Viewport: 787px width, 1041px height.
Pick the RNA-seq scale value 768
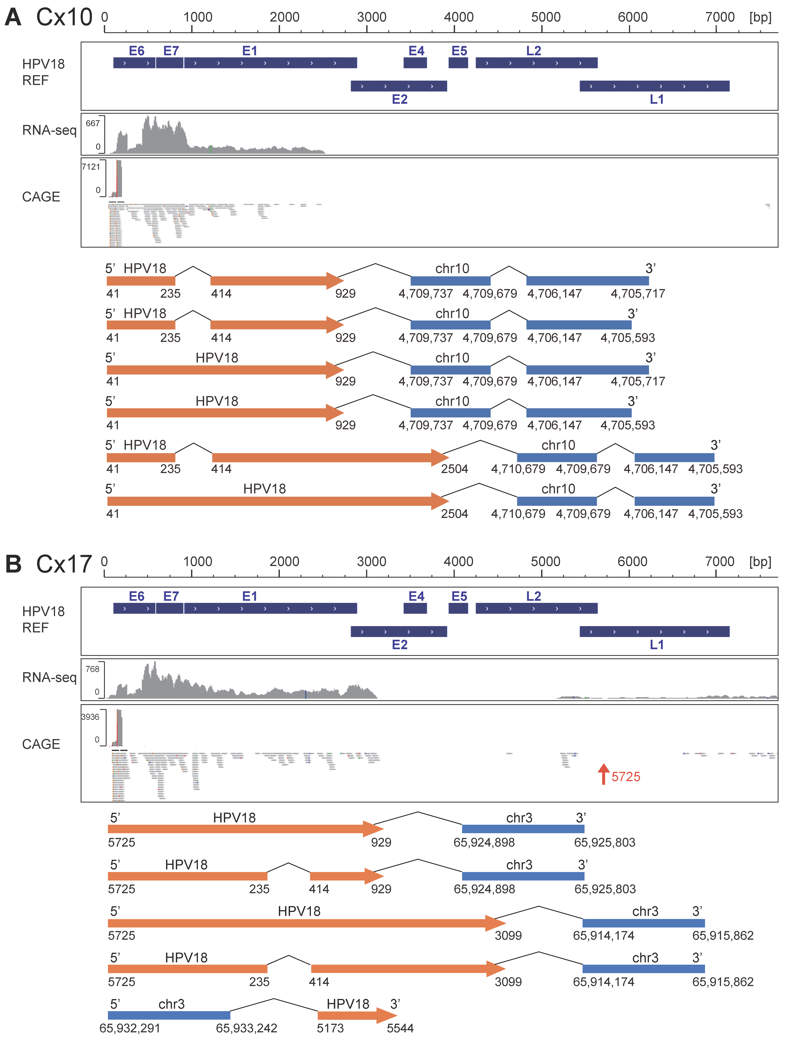tap(92, 669)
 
